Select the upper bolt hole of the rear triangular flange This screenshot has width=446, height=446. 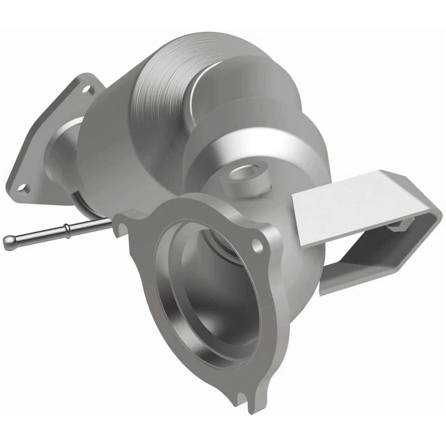86,89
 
